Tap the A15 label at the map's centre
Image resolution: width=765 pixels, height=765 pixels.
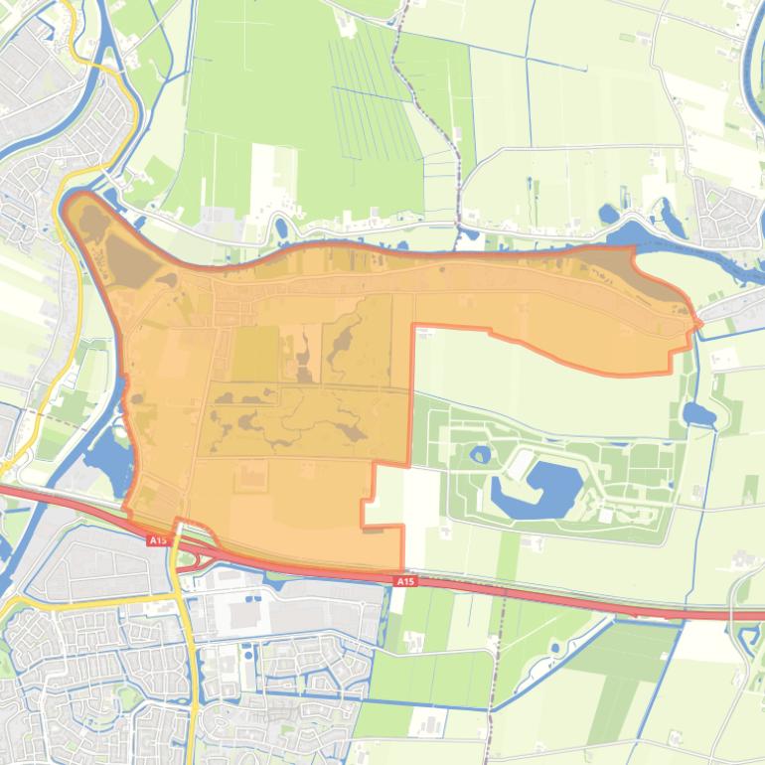pos(403,581)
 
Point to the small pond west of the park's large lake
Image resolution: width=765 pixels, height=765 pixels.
pos(481,455)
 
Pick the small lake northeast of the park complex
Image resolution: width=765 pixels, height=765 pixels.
pos(698,413)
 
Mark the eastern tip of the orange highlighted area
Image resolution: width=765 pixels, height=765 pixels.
pos(699,323)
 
